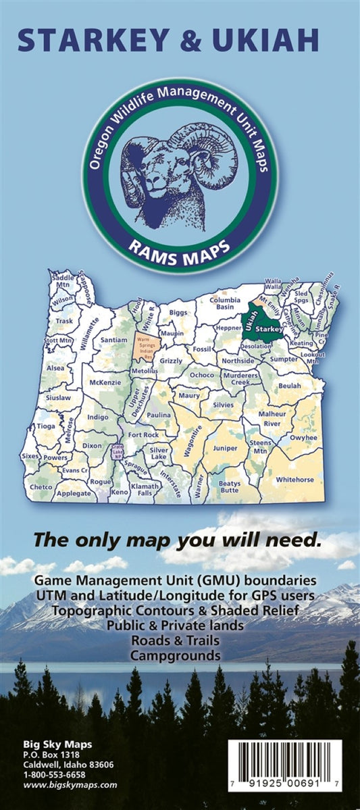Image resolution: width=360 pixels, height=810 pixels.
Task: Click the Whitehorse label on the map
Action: click(295, 479)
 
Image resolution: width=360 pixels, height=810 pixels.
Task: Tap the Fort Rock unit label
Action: click(143, 434)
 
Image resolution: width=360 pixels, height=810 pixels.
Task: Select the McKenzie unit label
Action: click(104, 382)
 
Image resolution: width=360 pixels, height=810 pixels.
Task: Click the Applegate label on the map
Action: click(74, 493)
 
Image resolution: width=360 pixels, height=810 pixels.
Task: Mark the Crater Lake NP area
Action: click(118, 452)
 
